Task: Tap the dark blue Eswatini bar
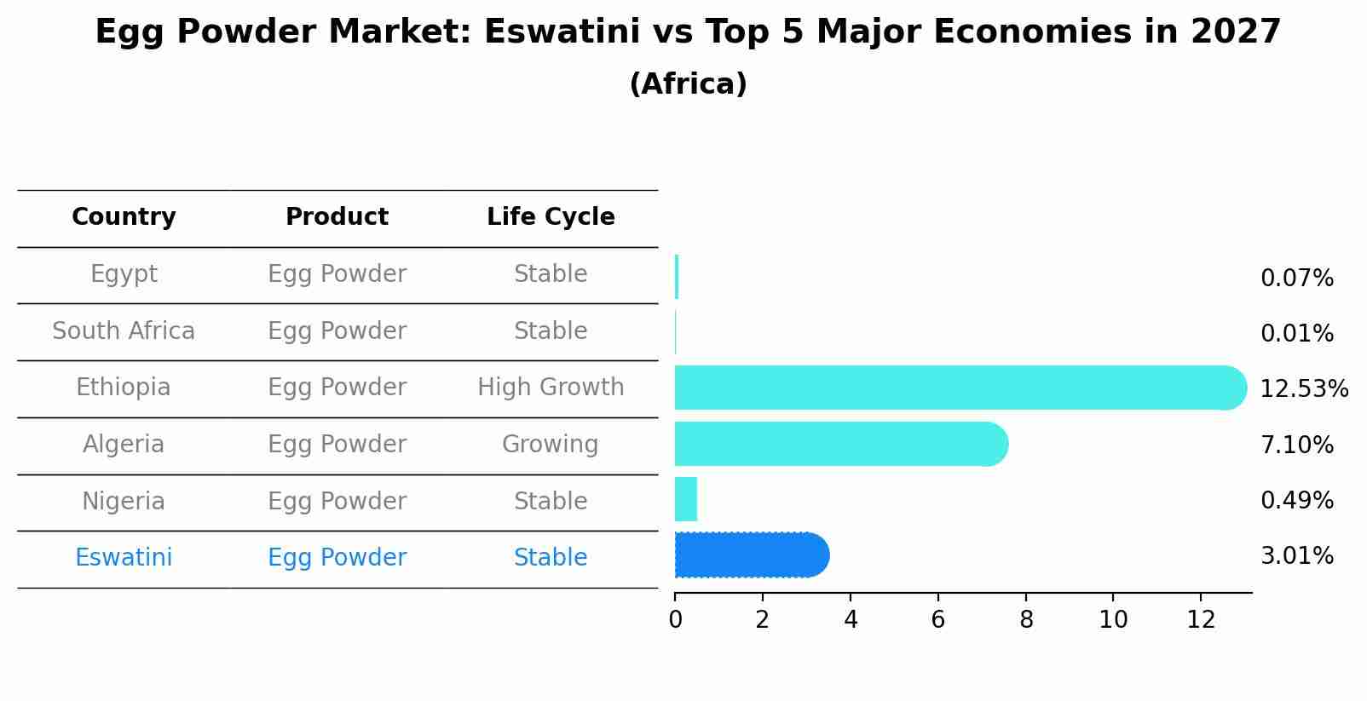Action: coord(751,555)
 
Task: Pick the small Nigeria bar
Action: coord(686,499)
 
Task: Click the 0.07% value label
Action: coord(1296,279)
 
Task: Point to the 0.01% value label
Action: coord(1296,334)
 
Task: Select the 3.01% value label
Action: coord(1296,556)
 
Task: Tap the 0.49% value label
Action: coord(1296,501)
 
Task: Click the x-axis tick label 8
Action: coord(1026,620)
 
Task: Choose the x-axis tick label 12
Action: coord(1201,620)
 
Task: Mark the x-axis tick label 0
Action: coord(675,620)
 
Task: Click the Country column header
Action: coord(124,217)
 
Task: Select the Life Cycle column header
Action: coord(551,217)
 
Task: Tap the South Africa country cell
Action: coord(124,331)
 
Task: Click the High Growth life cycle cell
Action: coord(551,388)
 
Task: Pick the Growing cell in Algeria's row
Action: coord(551,445)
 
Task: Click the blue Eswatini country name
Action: coord(124,558)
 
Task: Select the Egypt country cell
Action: coord(124,274)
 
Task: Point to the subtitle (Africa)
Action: coord(688,84)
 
